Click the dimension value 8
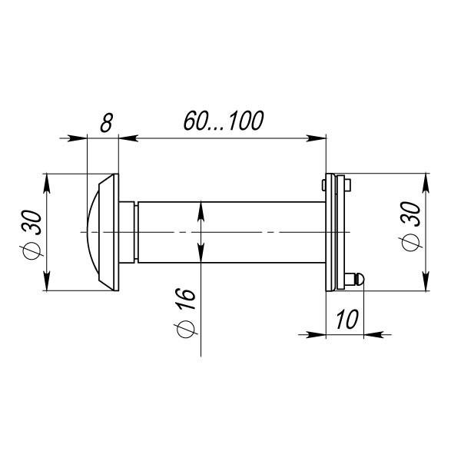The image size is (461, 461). (x=106, y=122)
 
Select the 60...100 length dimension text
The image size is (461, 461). (x=224, y=121)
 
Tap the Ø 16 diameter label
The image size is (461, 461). (x=186, y=313)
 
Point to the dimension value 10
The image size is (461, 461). (x=347, y=319)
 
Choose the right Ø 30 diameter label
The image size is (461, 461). (x=412, y=227)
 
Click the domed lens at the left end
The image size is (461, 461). (x=93, y=232)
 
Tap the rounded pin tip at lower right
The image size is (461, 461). (x=360, y=279)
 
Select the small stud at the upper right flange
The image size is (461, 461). (x=347, y=185)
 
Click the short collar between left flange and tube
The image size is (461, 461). (x=127, y=232)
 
